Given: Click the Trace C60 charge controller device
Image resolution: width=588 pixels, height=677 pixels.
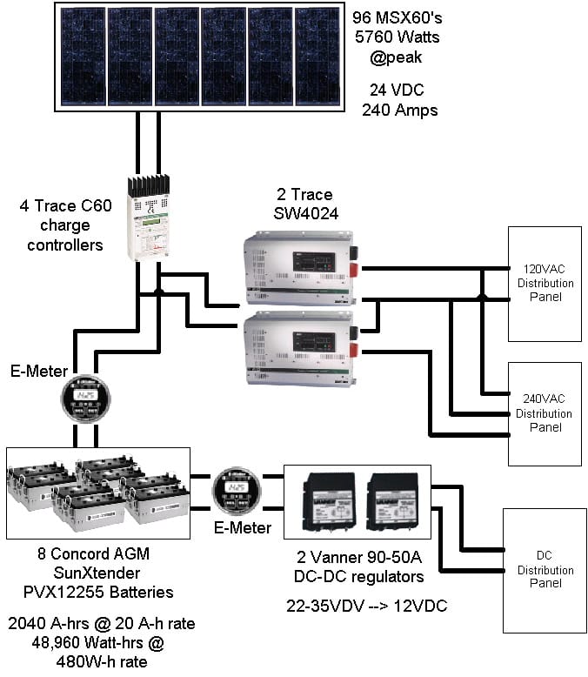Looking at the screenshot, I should [150, 217].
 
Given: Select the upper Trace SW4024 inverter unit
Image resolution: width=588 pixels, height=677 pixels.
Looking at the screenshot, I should [299, 267].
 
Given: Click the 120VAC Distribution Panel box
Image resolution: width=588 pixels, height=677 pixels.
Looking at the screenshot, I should [545, 283].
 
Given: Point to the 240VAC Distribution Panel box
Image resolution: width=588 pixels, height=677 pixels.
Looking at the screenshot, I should [545, 413].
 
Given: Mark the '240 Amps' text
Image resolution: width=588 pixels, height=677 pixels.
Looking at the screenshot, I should [399, 111].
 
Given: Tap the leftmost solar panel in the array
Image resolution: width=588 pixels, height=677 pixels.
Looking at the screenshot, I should [84, 57].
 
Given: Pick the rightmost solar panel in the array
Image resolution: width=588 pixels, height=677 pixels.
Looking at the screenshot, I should [317, 57].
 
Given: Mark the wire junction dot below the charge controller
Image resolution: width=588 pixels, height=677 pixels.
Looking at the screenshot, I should [158, 292].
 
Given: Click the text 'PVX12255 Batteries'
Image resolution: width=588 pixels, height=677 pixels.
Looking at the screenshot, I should [97, 592].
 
